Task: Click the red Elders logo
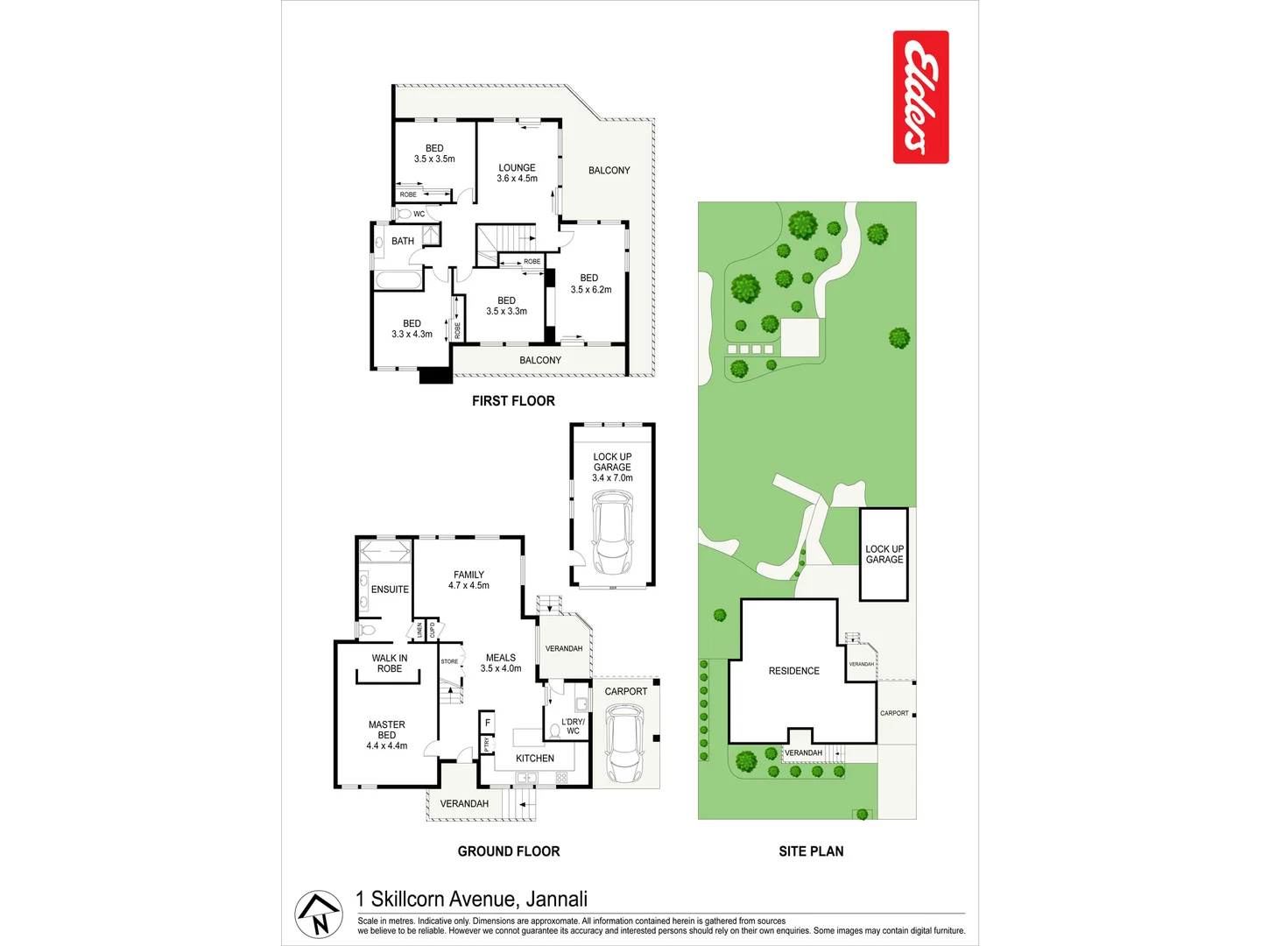tap(920, 97)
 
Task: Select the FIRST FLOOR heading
tap(513, 401)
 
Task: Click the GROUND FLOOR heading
tap(508, 851)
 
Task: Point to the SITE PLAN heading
tap(811, 851)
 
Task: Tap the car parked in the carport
tap(623, 745)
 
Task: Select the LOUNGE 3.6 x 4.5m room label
tap(517, 173)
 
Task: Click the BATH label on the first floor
tap(403, 241)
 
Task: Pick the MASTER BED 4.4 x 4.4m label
tap(386, 736)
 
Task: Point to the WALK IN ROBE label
tap(390, 663)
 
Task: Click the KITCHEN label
tap(534, 759)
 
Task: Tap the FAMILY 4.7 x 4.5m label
tap(468, 580)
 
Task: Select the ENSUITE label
tap(390, 589)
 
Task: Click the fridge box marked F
tap(488, 723)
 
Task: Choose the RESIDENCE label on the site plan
tap(794, 671)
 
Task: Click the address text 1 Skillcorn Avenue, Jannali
tap(471, 899)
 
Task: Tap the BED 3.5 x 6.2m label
tap(590, 284)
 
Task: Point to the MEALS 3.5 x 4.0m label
tap(500, 663)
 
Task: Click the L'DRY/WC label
tap(573, 726)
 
